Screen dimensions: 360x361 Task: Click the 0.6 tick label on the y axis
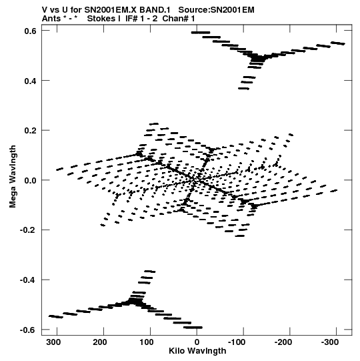[x=31, y=31]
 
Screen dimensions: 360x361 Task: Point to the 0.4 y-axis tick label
[x=31, y=81]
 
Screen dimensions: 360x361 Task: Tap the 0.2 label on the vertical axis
[x=31, y=131]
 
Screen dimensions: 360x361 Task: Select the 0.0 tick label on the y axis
[x=31, y=180]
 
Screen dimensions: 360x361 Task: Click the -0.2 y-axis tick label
[x=29, y=230]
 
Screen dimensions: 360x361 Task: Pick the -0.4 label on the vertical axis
[x=29, y=280]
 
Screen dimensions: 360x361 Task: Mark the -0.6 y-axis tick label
[x=29, y=330]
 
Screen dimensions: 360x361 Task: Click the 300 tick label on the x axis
[x=53, y=342]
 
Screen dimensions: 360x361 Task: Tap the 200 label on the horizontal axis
[x=100, y=342]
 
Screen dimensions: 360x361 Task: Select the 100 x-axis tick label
[x=147, y=342]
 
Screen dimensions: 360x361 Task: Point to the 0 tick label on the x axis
[x=197, y=342]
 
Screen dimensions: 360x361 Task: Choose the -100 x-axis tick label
[x=237, y=342]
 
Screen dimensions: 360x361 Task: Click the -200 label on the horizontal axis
[x=283, y=342]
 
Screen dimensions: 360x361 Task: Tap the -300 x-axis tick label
[x=330, y=342]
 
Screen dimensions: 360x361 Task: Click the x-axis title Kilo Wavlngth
[x=197, y=351]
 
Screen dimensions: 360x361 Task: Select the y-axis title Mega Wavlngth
[x=13, y=177]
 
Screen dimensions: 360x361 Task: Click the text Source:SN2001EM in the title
[x=217, y=10]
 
